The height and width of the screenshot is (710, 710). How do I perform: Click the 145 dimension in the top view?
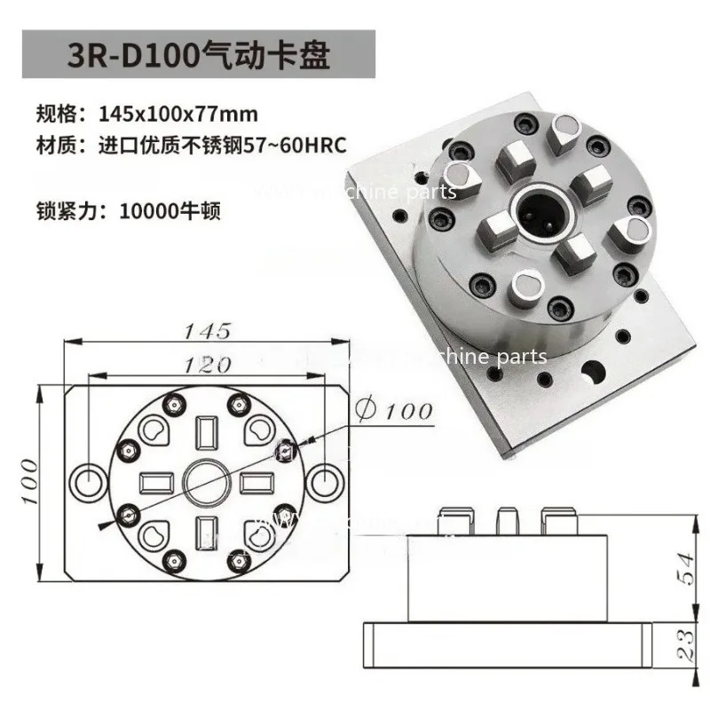point(207,331)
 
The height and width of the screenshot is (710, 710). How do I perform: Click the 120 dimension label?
point(207,363)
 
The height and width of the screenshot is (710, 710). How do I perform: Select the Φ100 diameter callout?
point(393,410)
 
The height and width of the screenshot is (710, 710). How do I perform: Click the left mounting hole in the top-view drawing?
point(91,480)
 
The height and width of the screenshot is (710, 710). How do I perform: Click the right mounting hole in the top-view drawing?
point(326,480)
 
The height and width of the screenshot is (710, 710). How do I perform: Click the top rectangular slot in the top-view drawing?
point(206,432)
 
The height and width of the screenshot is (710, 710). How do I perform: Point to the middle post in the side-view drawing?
point(507,522)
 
